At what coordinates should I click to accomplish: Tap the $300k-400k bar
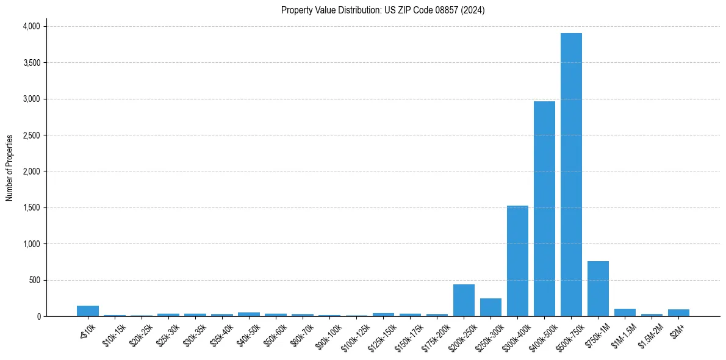(517, 261)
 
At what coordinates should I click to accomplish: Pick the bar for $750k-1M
(598, 289)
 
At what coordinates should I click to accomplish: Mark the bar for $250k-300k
(491, 308)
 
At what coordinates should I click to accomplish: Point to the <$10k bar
(88, 311)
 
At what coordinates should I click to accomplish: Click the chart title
(383, 10)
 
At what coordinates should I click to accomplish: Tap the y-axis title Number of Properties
(10, 168)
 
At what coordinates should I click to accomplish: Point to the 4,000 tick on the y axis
(31, 26)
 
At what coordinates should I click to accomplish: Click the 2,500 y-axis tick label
(31, 135)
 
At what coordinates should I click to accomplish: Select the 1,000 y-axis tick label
(31, 244)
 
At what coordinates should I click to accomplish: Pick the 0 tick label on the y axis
(38, 317)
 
